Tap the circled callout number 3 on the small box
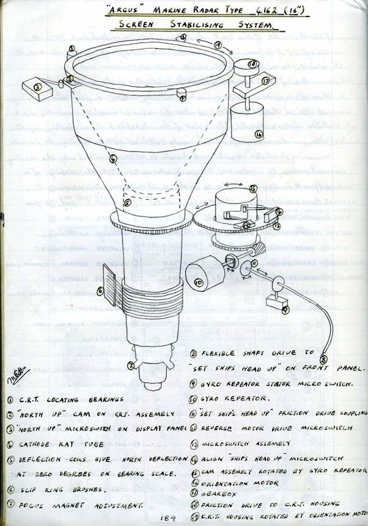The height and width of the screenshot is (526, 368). click(37, 87)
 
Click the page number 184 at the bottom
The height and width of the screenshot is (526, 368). click(168, 517)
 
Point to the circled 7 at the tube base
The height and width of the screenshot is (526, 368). click(130, 366)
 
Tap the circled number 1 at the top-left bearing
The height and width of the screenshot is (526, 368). click(72, 47)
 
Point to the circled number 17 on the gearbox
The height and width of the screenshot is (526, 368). click(265, 79)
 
